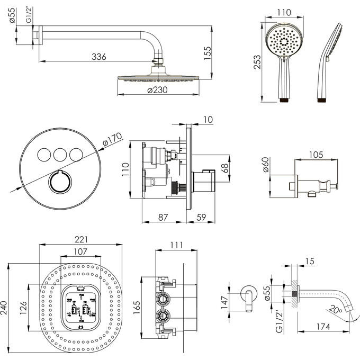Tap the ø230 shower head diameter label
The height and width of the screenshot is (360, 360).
coord(157,90)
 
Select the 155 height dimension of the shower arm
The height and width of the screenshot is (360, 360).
coord(208,52)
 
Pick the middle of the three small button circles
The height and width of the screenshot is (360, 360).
coord(59,154)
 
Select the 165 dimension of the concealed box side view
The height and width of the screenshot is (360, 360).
coord(137,305)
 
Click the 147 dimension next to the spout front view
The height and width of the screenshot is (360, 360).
coord(224,302)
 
